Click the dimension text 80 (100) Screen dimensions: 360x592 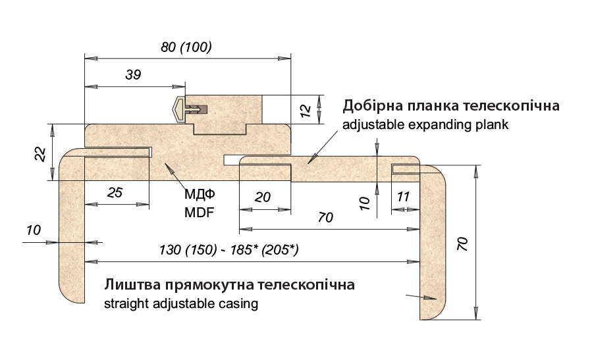pyautogui.click(x=186, y=47)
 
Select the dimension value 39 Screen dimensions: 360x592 pyautogui.click(x=133, y=75)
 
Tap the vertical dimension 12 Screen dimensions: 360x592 pyautogui.click(x=305, y=110)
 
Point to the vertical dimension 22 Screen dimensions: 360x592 pyautogui.click(x=40, y=153)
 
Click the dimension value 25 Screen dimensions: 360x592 pyautogui.click(x=115, y=192)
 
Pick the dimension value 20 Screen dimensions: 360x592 pyautogui.click(x=262, y=197)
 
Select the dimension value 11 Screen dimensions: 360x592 pyautogui.click(x=404, y=197)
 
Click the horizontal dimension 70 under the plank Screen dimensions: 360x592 pyautogui.click(x=325, y=218)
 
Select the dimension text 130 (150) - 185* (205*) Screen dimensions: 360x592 pyautogui.click(x=229, y=250)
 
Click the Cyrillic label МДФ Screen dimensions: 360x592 pyautogui.click(x=200, y=195)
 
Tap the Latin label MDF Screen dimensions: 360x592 pyautogui.click(x=200, y=213)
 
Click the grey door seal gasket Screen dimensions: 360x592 pyautogui.click(x=179, y=109)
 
